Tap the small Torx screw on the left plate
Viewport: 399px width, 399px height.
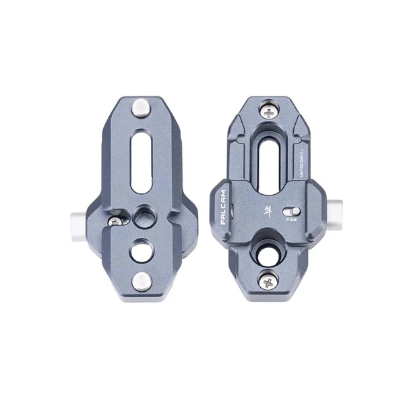pyautogui.click(x=118, y=220)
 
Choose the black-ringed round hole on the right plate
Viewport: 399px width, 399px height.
pyautogui.click(x=263, y=252)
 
